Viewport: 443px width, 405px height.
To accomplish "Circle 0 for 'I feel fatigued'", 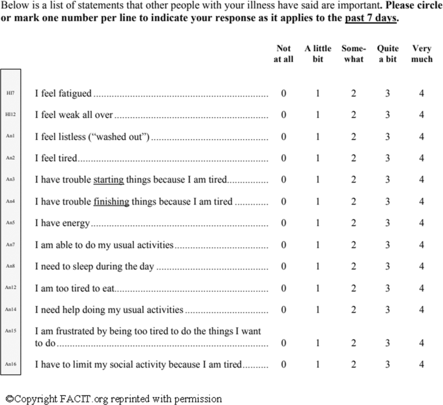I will point(283,94).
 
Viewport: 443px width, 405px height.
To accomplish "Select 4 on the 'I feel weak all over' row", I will point(422,115).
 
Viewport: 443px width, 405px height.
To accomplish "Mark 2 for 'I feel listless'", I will point(353,137).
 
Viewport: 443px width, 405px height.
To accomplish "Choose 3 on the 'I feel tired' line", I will point(387,159).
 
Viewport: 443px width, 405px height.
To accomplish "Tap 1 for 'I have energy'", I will point(318,223).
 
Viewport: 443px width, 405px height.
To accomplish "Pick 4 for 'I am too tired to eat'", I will point(422,288).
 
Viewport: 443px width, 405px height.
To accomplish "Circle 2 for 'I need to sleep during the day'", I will point(353,266).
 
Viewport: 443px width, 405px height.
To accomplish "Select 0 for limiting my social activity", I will point(283,365).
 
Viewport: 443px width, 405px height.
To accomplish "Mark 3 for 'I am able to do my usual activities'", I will point(387,245).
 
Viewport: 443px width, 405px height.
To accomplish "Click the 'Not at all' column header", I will point(283,54).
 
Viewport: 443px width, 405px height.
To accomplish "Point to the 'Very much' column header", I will point(422,54).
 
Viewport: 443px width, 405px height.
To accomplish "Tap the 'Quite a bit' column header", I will point(387,54).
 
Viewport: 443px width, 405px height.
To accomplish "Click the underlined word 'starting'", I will point(109,180).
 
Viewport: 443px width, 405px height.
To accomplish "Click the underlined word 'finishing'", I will point(111,201).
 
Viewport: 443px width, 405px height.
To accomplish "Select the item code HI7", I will point(10,93).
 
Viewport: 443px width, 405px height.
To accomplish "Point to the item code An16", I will point(10,365).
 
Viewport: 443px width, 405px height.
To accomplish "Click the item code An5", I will point(10,223).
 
